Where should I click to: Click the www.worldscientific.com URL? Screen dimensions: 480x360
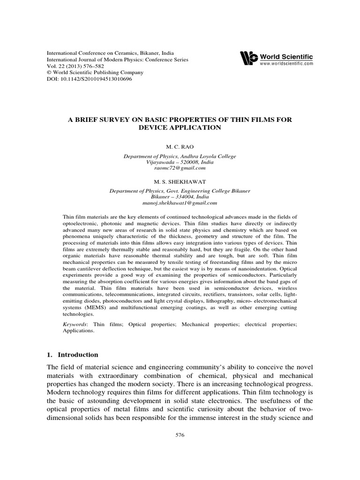[286, 63]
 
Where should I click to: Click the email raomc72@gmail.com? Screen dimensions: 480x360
[180, 168]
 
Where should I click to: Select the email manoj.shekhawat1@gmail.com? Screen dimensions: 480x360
[180, 203]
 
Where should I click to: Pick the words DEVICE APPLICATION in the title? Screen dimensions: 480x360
[180, 127]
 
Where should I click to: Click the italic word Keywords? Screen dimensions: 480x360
[75, 324]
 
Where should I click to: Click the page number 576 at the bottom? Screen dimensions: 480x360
[180, 435]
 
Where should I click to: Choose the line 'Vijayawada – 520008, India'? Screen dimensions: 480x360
[180, 162]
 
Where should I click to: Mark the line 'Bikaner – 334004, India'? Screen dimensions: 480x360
[180, 197]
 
